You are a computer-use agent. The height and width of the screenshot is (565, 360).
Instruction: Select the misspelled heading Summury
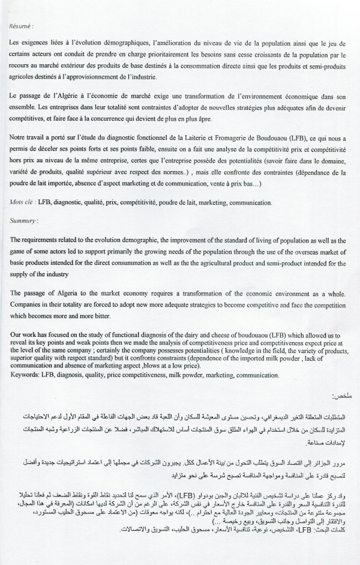coord(25,221)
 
